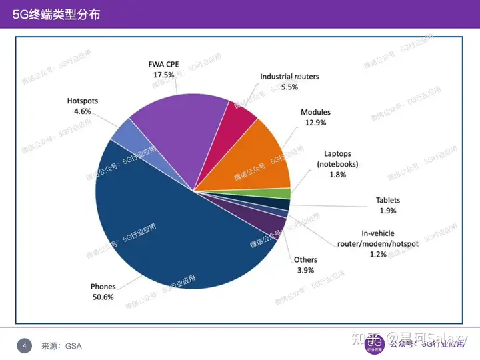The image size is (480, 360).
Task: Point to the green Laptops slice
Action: pyautogui.click(x=285, y=194)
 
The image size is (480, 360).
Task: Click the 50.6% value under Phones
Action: pyautogui.click(x=103, y=297)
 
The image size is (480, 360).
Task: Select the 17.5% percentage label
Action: pyautogui.click(x=163, y=75)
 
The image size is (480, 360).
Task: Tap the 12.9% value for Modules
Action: pyautogui.click(x=315, y=123)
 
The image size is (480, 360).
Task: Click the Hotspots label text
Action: pyautogui.click(x=82, y=101)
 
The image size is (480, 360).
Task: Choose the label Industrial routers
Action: pyautogui.click(x=289, y=77)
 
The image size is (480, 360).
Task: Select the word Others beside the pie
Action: pyautogui.click(x=305, y=259)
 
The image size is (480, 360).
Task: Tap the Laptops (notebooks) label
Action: pyautogui.click(x=337, y=159)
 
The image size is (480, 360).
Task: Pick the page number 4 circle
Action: pyautogui.click(x=25, y=345)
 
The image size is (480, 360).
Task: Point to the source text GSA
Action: pyautogui.click(x=73, y=346)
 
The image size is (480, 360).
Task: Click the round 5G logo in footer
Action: pyautogui.click(x=375, y=344)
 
